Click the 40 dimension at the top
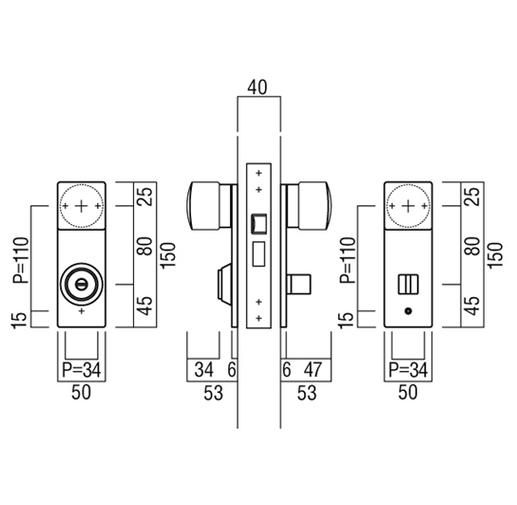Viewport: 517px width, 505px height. [x=258, y=87]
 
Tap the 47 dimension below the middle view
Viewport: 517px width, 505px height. [x=313, y=369]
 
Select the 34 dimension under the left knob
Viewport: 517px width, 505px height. [x=203, y=369]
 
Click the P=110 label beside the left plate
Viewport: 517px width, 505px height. [x=21, y=260]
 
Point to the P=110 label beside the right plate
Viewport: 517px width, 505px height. [x=348, y=260]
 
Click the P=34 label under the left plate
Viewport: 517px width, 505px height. [x=82, y=369]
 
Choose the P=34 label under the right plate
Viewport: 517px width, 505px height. [x=409, y=369]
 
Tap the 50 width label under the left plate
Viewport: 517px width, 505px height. [x=81, y=392]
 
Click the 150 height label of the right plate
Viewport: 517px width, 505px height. [x=494, y=255]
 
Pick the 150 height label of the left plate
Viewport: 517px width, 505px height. [x=168, y=255]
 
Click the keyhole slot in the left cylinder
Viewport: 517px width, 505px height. [x=81, y=284]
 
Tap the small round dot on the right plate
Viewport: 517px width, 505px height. [x=409, y=311]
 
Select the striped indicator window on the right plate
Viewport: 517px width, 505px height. [x=409, y=284]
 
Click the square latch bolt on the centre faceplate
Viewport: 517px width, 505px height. [x=258, y=224]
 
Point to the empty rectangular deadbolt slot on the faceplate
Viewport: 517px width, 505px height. [x=258, y=253]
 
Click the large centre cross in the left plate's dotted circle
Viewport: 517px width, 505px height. [x=82, y=206]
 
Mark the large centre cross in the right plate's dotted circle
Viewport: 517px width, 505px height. [x=409, y=206]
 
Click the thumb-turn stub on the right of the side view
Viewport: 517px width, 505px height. [x=298, y=284]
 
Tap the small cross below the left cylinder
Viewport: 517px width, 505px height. [x=82, y=311]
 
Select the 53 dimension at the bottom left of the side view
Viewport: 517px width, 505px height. [x=213, y=393]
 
